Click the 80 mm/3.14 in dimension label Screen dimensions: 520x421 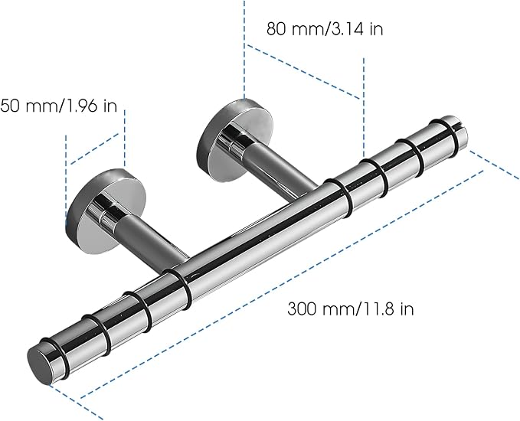click(x=325, y=28)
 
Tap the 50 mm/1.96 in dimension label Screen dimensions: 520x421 click(x=59, y=106)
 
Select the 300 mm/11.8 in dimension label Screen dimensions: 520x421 click(x=351, y=309)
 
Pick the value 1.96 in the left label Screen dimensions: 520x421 click(x=82, y=106)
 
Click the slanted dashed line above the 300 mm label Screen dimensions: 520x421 click(x=282, y=284)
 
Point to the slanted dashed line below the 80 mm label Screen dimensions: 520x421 click(x=303, y=72)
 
